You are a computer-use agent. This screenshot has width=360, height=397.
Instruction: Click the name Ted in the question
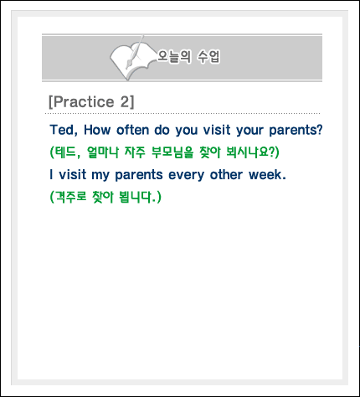[62, 130]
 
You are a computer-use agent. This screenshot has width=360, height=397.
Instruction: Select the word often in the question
[132, 130]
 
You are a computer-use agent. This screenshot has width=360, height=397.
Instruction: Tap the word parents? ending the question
[296, 131]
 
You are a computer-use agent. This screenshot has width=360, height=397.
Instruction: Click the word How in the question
[97, 130]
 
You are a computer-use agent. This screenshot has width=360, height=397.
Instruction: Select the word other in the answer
[226, 175]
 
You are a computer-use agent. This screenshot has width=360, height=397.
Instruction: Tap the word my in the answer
[100, 176]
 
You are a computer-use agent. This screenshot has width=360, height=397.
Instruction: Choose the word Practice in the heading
[84, 101]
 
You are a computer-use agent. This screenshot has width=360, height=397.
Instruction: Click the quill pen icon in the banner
[135, 52]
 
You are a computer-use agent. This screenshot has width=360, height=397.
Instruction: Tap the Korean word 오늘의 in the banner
[174, 57]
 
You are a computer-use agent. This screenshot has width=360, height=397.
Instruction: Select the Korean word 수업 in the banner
[208, 57]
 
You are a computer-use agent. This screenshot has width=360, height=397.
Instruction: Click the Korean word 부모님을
[172, 152]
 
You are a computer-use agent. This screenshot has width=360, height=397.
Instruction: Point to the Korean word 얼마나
[103, 152]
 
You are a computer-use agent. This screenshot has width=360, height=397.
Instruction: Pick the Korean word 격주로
[71, 197]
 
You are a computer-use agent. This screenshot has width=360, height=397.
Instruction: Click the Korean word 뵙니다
[136, 197]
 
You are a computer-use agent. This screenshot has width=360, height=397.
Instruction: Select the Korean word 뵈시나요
[247, 152]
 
